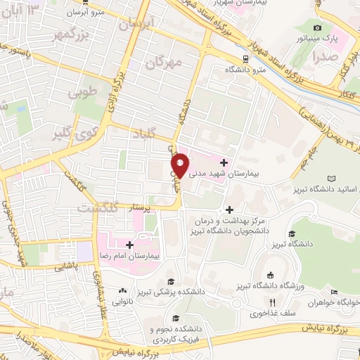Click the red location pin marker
(x=180, y=165)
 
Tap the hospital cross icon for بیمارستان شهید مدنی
(x=224, y=162)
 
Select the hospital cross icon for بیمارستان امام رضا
(x=130, y=244)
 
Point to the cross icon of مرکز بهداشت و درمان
(x=229, y=209)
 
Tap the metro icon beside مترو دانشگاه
(x=243, y=59)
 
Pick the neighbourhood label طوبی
(x=81, y=91)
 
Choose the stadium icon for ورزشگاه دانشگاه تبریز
(x=270, y=275)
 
